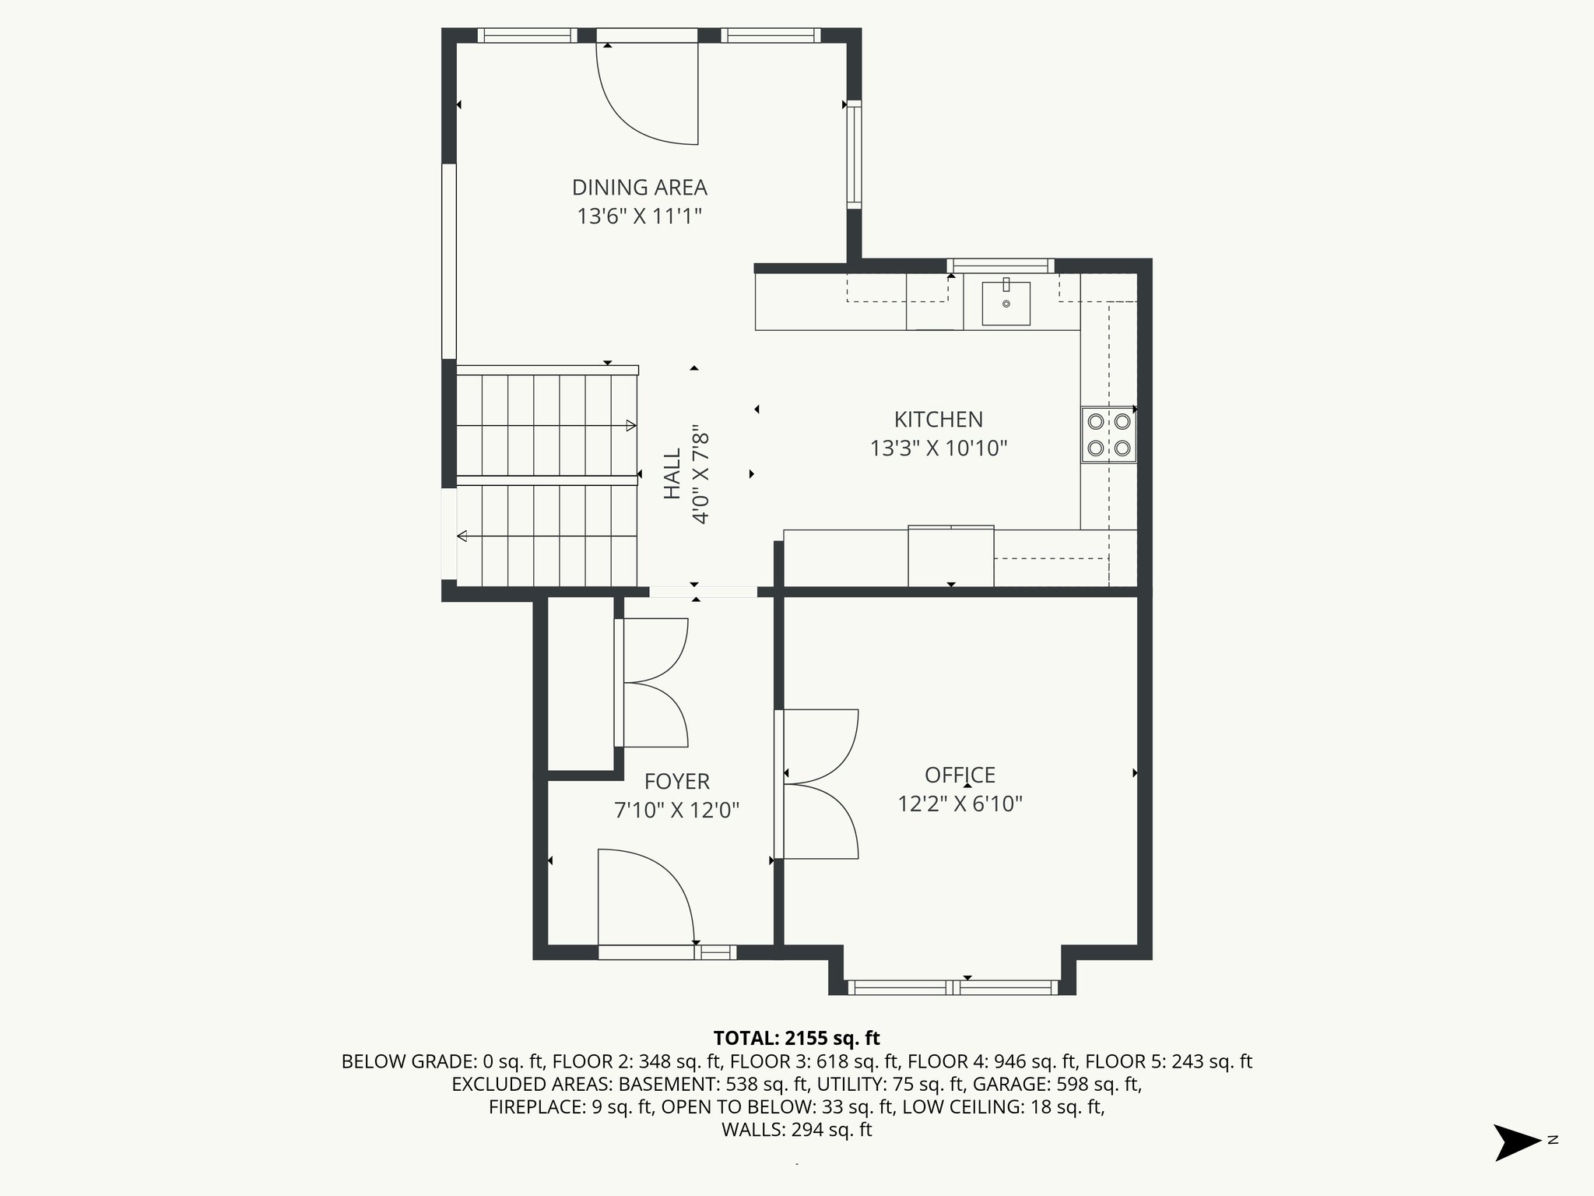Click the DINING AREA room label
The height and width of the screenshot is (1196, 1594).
coord(640,188)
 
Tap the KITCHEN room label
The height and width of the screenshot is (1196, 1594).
coord(939,420)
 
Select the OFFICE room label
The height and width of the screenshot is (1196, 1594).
coord(960,776)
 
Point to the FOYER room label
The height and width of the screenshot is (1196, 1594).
coord(677,782)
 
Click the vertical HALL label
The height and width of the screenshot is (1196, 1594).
coord(672,473)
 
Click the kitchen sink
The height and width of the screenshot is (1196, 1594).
coord(1006,303)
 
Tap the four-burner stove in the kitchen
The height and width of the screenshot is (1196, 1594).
coord(1108,434)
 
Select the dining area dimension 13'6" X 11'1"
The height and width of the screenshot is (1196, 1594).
coord(640,216)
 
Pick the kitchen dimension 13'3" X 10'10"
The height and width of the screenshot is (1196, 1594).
coord(939,448)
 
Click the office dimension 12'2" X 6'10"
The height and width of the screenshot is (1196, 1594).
coord(960,804)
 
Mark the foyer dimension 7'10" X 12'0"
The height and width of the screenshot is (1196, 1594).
coord(677,811)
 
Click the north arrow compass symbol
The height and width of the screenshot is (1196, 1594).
coord(1517,1142)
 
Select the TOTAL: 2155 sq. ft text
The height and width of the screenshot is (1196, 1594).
coord(796,1038)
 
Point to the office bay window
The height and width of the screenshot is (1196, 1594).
coord(953,987)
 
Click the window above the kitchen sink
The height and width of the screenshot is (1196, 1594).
coord(1000,266)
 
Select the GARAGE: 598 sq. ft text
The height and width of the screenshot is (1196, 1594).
coord(1055,1084)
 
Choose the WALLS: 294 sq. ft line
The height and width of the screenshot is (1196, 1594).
coord(797,1130)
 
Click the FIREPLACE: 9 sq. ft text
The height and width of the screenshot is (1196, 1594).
coord(571,1107)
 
